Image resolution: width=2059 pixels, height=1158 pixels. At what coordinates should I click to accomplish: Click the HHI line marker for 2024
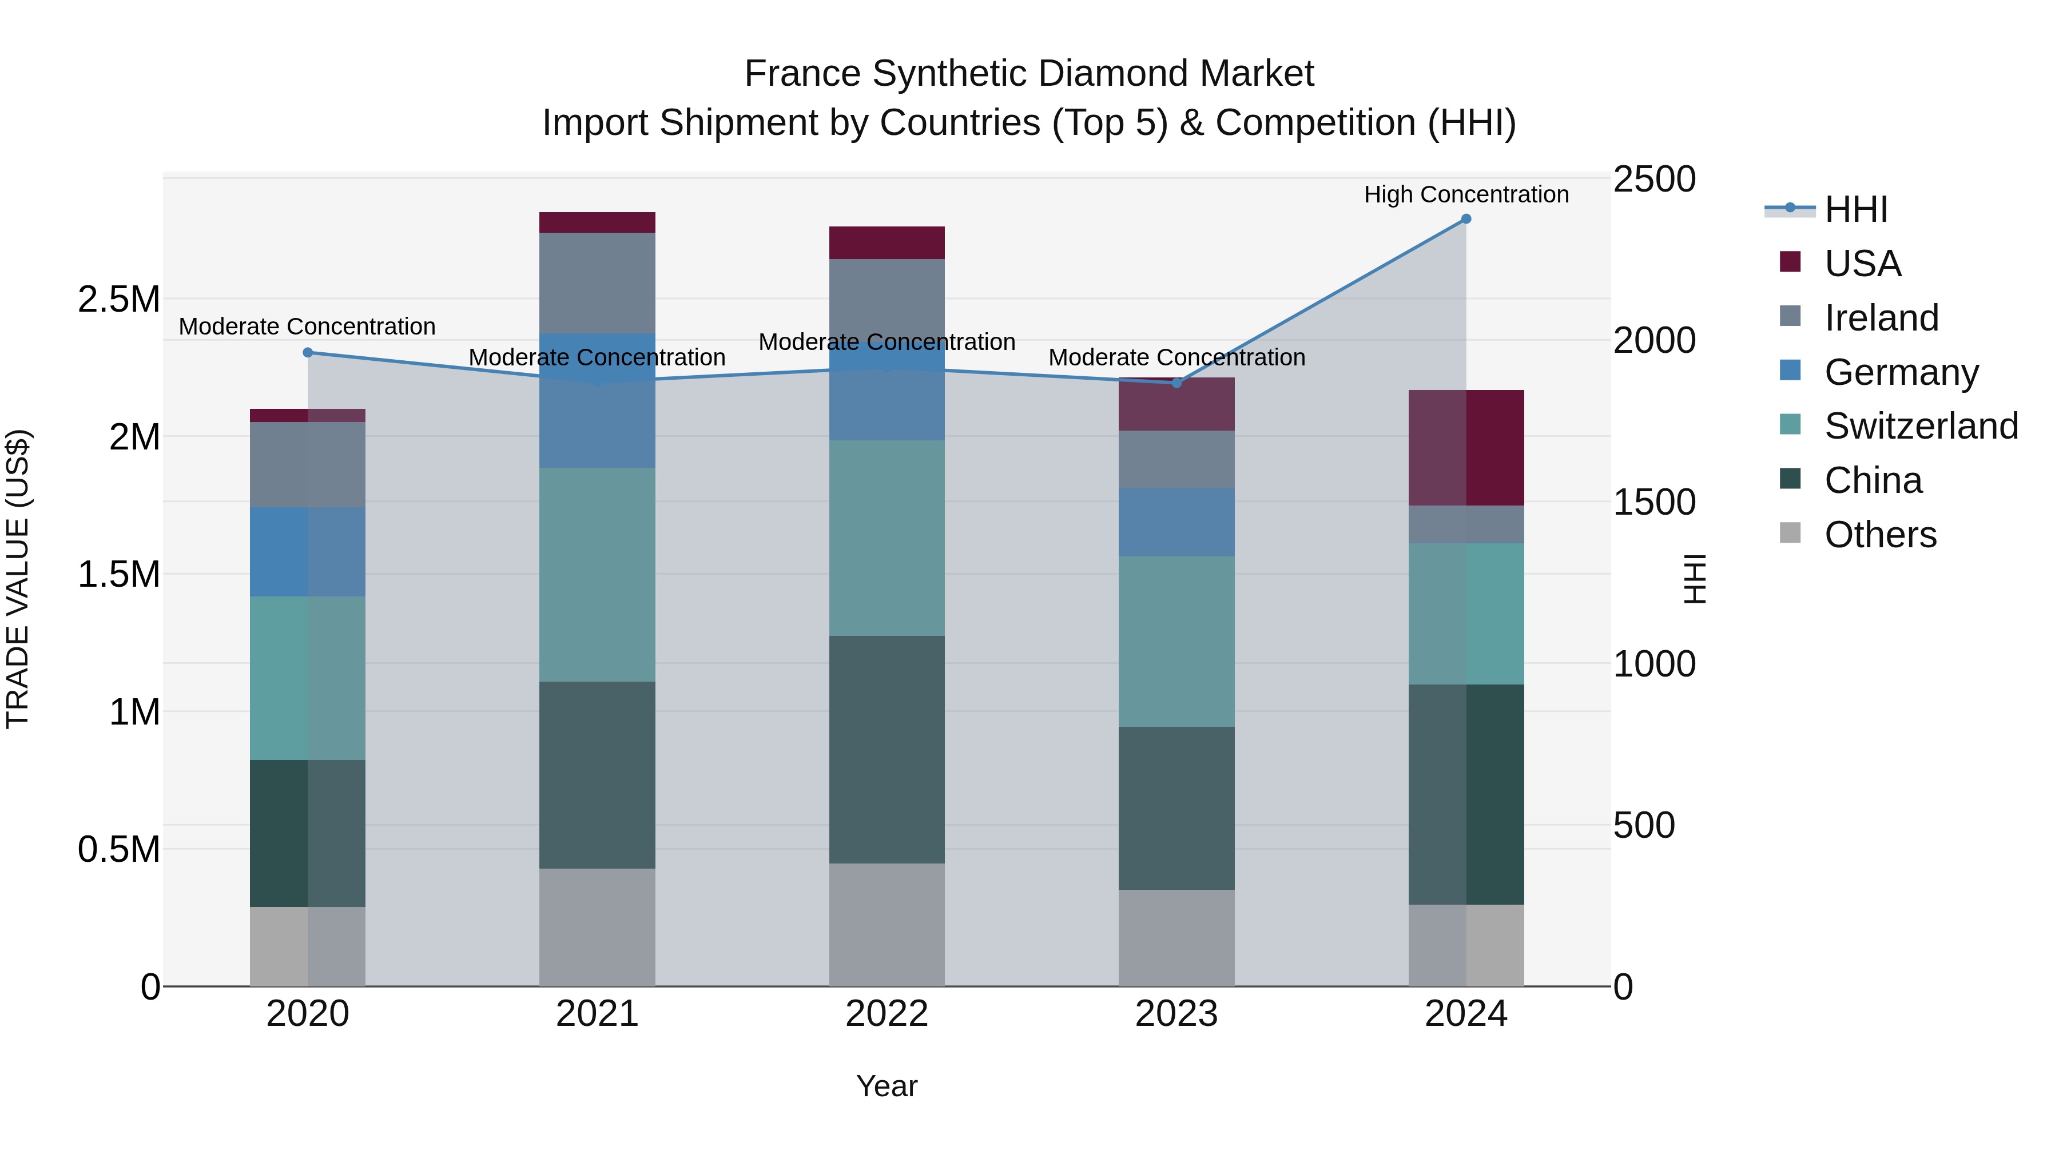[x=1465, y=219]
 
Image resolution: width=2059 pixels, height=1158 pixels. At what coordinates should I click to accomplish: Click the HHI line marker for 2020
[x=308, y=352]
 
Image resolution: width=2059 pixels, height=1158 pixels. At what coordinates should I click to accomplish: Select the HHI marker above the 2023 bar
[x=1176, y=383]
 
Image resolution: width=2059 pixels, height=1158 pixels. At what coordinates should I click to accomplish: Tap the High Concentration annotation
[x=1466, y=194]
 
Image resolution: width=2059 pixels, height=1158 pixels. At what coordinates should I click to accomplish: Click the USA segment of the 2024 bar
[x=1465, y=448]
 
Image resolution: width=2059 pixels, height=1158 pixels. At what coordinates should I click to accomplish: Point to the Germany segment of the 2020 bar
[x=308, y=551]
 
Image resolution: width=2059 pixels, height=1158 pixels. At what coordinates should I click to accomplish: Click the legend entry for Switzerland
[x=1921, y=426]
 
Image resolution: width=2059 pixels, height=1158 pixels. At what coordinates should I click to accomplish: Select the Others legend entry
[x=1880, y=535]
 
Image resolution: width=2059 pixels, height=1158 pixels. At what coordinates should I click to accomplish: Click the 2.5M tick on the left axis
[x=118, y=300]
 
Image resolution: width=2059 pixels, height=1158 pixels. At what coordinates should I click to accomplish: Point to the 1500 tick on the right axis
[x=1653, y=502]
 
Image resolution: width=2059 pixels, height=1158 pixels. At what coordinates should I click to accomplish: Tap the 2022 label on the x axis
[x=887, y=1014]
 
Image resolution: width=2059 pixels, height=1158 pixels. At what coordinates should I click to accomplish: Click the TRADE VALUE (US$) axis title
[x=18, y=579]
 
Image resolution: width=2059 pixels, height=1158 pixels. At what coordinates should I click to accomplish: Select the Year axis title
[x=887, y=1086]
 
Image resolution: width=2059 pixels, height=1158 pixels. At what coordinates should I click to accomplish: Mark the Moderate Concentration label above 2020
[x=307, y=327]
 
